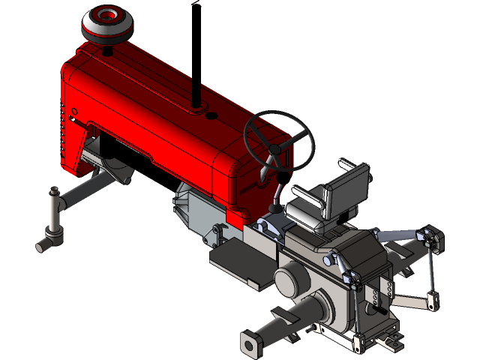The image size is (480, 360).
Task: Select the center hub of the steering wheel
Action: pyautogui.click(x=275, y=150)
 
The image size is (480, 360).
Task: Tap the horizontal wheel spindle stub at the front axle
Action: pyautogui.click(x=44, y=244)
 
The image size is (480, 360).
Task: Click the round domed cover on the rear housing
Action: pyautogui.click(x=289, y=280)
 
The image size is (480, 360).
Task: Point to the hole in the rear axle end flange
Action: pyautogui.click(x=247, y=344)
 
